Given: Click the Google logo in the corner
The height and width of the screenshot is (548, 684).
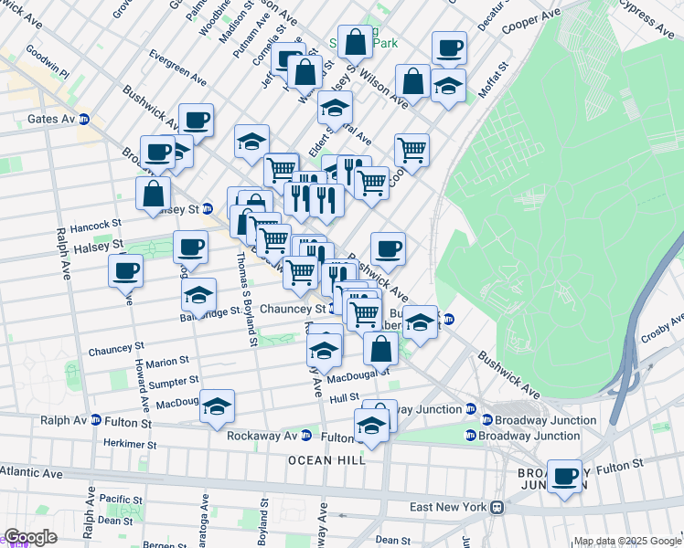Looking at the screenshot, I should pyautogui.click(x=30, y=537).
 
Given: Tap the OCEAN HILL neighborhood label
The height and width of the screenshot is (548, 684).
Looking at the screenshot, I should pyautogui.click(x=327, y=460).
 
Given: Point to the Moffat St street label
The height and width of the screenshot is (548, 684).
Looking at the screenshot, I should pyautogui.click(x=491, y=79).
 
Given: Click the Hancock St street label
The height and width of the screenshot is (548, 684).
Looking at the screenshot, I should pyautogui.click(x=95, y=224).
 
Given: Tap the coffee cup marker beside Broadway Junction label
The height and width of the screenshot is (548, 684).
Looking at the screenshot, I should pyautogui.click(x=564, y=476).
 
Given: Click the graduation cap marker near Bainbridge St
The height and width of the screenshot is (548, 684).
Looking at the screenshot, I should pyautogui.click(x=198, y=295).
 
